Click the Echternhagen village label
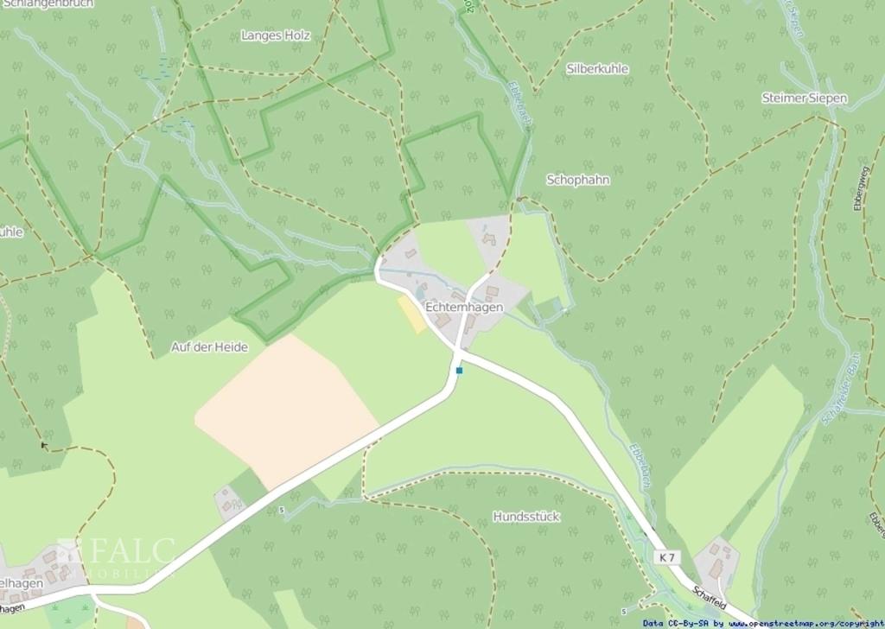click(x=464, y=307)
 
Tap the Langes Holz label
click(x=276, y=35)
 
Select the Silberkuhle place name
click(x=597, y=68)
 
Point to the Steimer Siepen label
click(x=804, y=98)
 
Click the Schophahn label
click(x=578, y=180)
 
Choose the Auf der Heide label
click(x=209, y=347)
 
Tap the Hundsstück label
click(x=526, y=517)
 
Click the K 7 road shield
click(x=666, y=557)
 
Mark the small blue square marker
click(x=460, y=370)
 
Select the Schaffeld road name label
click(x=709, y=599)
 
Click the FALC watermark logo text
click(x=130, y=550)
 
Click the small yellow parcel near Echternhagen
click(x=411, y=314)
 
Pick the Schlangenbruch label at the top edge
click(x=48, y=3)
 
